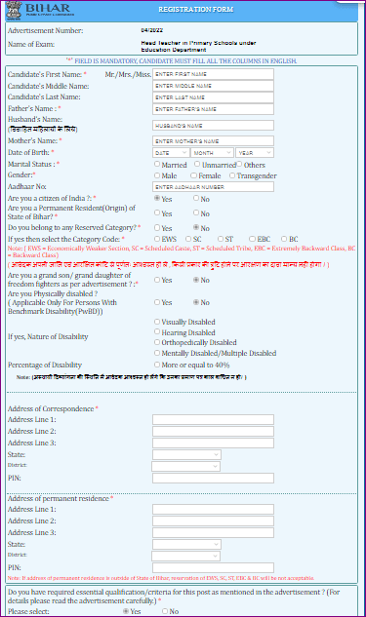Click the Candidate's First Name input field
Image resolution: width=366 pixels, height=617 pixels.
tap(213, 74)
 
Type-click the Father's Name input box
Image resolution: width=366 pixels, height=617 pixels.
tap(213, 109)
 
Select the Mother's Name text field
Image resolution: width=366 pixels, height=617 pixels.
tap(213, 141)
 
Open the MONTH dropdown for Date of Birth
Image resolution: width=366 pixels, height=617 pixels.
tap(212, 153)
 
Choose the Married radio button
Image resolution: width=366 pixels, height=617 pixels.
tap(159, 165)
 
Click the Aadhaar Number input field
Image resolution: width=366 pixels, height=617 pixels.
tap(213, 186)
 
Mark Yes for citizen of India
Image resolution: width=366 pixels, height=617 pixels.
tap(159, 199)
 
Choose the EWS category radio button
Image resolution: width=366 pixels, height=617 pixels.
tap(159, 239)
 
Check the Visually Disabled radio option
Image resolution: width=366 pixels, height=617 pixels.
tap(159, 321)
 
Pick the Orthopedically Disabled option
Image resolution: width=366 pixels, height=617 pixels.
tap(159, 342)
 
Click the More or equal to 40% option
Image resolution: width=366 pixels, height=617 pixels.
tap(159, 365)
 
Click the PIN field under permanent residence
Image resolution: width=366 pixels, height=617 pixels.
tap(213, 567)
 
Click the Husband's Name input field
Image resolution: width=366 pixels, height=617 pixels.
tap(213, 125)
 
